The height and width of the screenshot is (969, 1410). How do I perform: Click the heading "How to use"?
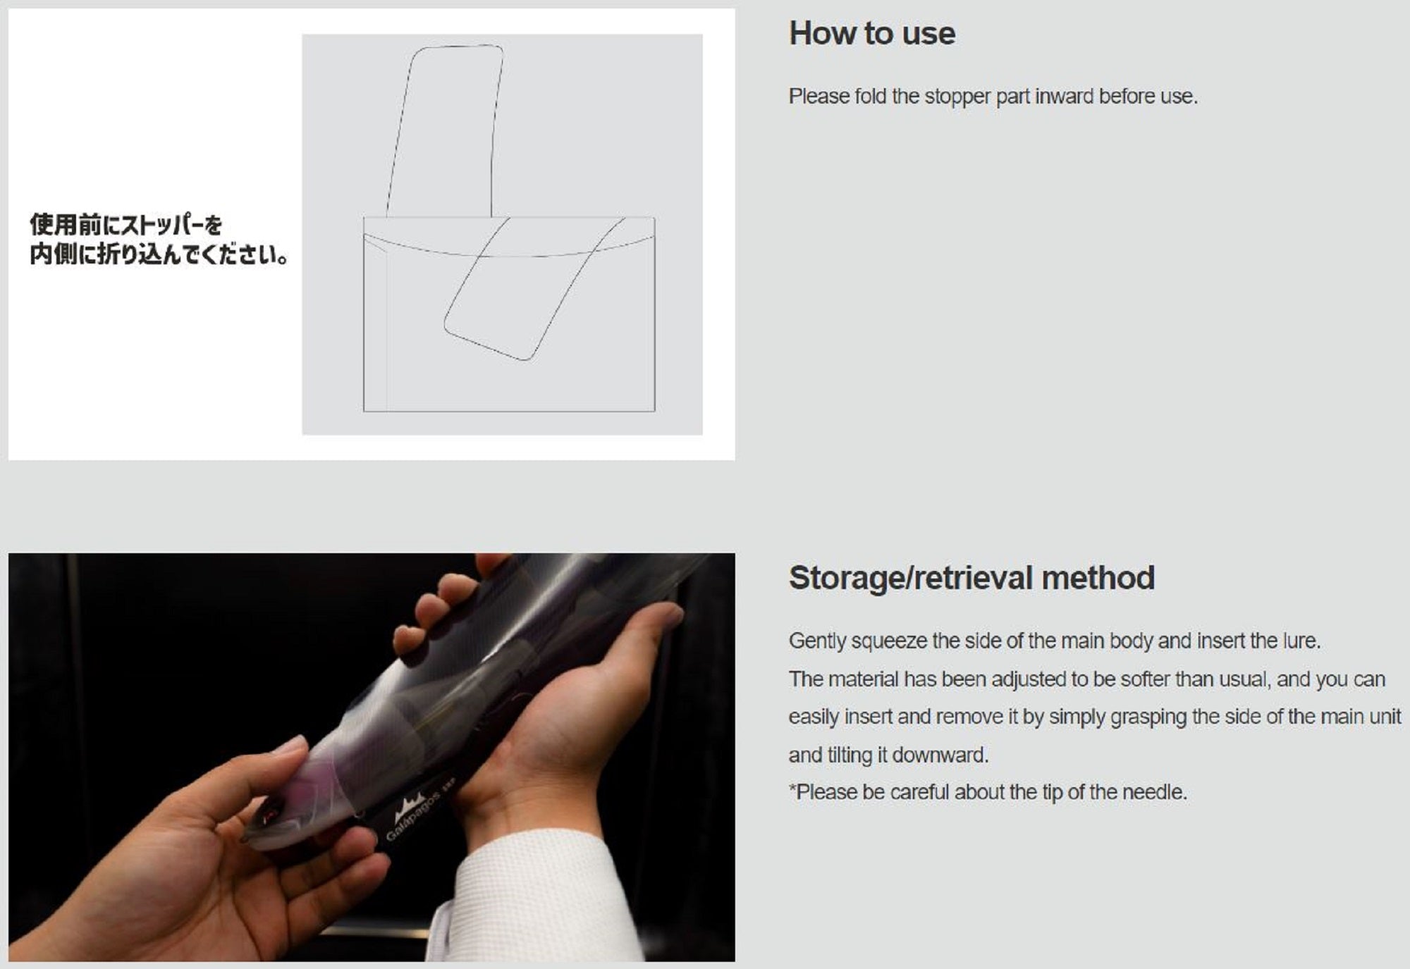872,34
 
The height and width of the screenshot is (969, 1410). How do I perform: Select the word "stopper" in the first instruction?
957,97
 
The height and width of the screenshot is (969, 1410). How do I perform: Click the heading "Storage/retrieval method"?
971,578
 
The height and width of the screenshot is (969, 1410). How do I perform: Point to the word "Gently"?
817,641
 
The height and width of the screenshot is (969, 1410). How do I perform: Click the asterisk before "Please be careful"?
792,788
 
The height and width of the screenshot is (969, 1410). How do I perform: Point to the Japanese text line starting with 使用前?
126,226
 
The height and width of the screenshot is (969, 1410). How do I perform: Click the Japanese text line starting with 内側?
159,254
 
